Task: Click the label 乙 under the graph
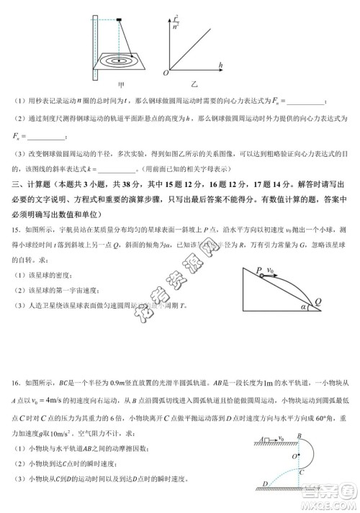pyautogui.click(x=194, y=85)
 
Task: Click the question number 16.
pyautogui.click(x=14, y=391)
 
